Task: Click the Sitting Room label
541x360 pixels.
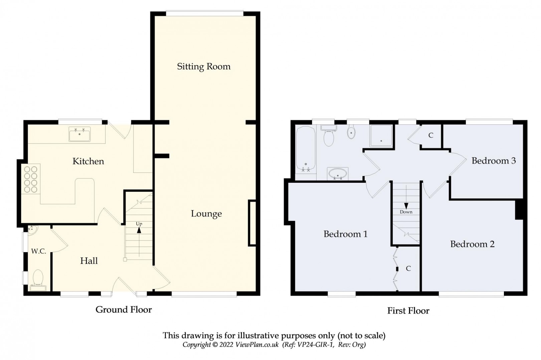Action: click(x=204, y=67)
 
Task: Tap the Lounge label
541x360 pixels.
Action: click(x=206, y=214)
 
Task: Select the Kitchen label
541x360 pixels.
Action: click(x=88, y=161)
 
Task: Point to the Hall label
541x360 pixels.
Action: click(x=89, y=261)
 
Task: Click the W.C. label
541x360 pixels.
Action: click(x=38, y=251)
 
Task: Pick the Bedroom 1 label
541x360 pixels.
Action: click(x=345, y=234)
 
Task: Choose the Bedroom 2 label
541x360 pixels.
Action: click(x=472, y=244)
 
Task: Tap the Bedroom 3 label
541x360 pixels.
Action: click(x=494, y=161)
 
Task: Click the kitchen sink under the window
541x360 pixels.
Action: click(x=79, y=134)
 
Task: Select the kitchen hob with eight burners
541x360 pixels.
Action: click(x=31, y=178)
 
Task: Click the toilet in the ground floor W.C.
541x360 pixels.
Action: click(x=38, y=280)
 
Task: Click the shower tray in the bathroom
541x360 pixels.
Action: click(x=381, y=135)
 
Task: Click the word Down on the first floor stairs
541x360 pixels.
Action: click(x=406, y=212)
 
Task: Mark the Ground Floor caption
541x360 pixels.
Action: click(x=124, y=310)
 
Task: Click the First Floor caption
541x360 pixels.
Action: click(x=408, y=311)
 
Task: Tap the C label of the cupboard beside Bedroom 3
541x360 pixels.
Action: click(x=430, y=135)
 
